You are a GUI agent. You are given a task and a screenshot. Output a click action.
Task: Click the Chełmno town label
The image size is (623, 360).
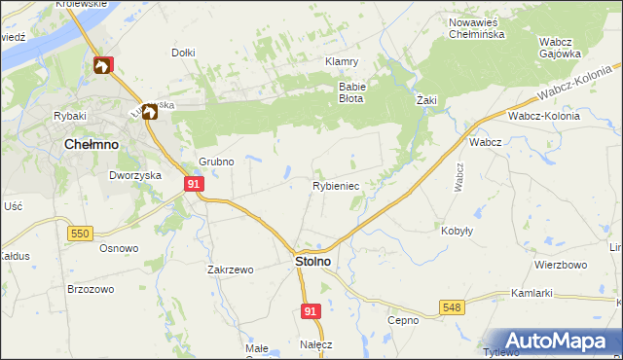coord(91,143)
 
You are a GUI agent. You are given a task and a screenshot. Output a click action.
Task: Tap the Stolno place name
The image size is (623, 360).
coord(312,262)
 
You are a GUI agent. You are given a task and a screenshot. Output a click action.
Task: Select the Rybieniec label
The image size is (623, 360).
coord(336,185)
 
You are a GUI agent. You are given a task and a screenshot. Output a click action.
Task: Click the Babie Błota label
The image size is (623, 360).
coord(350,91)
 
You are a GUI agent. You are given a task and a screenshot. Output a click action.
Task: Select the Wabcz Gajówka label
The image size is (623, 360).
coord(560,48)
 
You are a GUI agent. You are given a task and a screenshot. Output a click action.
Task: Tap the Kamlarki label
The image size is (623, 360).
coord(531,293)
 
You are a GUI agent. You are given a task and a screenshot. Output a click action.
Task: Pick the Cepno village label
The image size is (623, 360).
coord(402,320)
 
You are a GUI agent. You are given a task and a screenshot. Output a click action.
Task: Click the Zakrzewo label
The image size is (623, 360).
coord(230,270)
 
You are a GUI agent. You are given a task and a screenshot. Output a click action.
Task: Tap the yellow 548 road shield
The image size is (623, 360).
coord(452,307)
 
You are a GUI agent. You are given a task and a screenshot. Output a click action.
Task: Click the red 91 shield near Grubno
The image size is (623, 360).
coord(194,183)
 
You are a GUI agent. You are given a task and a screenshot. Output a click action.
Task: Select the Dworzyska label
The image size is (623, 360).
coord(134,176)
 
